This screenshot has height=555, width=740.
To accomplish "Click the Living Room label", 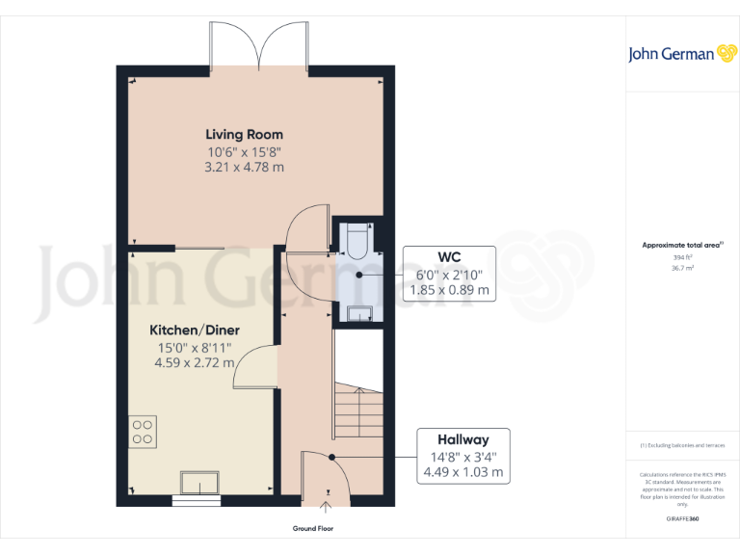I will [x=244, y=134].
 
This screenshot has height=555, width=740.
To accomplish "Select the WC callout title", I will [x=450, y=257].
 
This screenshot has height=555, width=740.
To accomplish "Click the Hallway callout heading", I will [x=462, y=439].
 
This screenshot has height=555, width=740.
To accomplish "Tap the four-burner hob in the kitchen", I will [x=143, y=431].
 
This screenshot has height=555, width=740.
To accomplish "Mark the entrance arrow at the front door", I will [x=325, y=502].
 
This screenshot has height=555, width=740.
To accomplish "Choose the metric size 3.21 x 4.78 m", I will [x=244, y=167].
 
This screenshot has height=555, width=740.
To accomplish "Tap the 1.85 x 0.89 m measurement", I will [x=450, y=289].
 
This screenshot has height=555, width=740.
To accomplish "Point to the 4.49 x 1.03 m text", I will [x=462, y=472].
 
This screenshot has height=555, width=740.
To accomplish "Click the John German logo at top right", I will [x=682, y=54].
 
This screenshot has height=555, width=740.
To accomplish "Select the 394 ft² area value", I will [x=682, y=257].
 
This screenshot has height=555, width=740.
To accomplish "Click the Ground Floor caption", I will [x=313, y=529].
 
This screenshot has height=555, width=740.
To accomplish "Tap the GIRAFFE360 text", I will [x=682, y=518].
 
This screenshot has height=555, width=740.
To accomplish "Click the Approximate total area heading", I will [x=681, y=246].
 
